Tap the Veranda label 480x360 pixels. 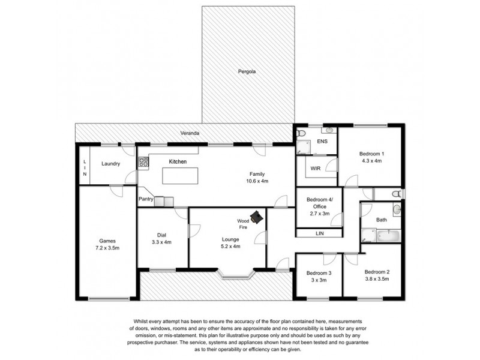pyautogui.click(x=192, y=133)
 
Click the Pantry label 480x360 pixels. pyautogui.click(x=146, y=199)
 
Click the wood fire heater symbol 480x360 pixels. pyautogui.click(x=258, y=217)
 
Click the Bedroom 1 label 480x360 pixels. pyautogui.click(x=371, y=154)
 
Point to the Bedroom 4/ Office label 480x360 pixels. pyautogui.click(x=320, y=202)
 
